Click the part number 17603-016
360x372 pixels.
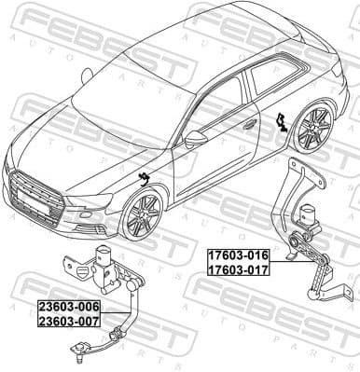click(237, 254)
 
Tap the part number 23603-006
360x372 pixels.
click(68, 307)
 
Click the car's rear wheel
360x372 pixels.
click(312, 129)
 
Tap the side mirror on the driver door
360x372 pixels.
click(195, 139)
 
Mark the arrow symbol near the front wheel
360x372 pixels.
click(145, 179)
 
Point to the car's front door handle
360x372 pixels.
click(249, 124)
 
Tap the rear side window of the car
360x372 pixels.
click(272, 73)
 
